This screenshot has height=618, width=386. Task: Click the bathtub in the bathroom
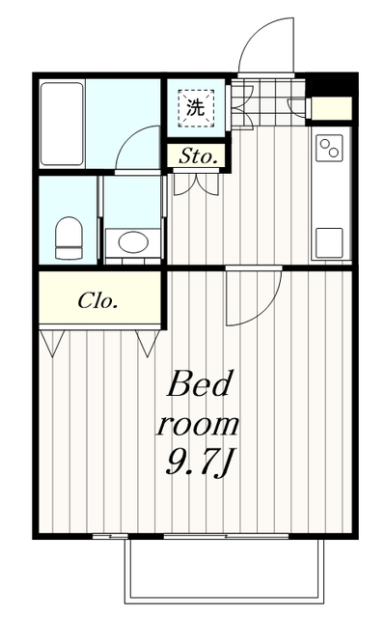(x=63, y=124)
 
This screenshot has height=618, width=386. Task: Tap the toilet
(x=69, y=239)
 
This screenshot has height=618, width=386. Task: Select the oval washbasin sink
(x=133, y=241)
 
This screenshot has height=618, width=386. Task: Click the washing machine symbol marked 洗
(x=196, y=108)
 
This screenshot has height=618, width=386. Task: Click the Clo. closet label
(x=97, y=301)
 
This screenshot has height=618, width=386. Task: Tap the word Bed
(x=199, y=383)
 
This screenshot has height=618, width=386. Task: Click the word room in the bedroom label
(x=197, y=425)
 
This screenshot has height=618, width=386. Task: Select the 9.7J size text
(x=197, y=464)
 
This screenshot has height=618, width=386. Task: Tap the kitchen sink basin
(x=329, y=242)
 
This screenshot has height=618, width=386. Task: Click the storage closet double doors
(x=196, y=183)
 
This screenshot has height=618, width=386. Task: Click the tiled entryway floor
(x=268, y=102)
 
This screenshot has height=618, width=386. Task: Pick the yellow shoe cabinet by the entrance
(x=331, y=107)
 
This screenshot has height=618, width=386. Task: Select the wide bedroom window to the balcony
(x=226, y=537)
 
